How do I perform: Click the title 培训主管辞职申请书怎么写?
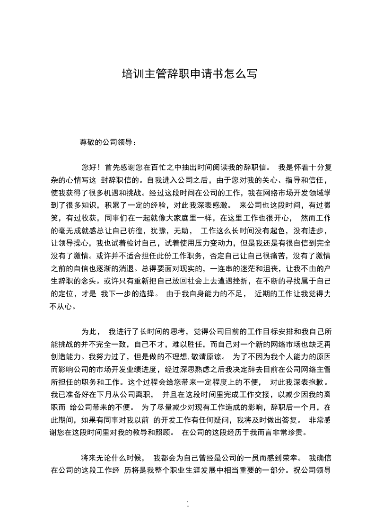pos(189,74)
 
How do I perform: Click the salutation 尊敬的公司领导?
pos(107,142)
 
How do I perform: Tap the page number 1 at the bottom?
pos(188,504)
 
